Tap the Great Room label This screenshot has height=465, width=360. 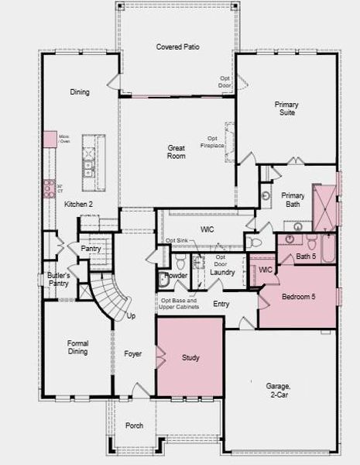coord(177,151)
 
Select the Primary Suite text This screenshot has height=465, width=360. coord(286,108)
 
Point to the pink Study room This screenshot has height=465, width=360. coord(190,357)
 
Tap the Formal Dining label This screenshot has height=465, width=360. coord(77,347)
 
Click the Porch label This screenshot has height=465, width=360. coord(134,426)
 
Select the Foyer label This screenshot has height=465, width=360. coord(133,354)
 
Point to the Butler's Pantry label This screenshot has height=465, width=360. coord(58,280)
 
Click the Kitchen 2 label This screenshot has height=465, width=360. coord(78,204)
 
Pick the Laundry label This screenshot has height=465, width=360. coord(222,272)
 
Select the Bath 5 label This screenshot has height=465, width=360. coord(307,256)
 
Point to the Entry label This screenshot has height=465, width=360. coord(221,304)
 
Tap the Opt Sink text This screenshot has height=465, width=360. coord(177,241)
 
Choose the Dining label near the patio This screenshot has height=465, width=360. coord(80,92)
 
